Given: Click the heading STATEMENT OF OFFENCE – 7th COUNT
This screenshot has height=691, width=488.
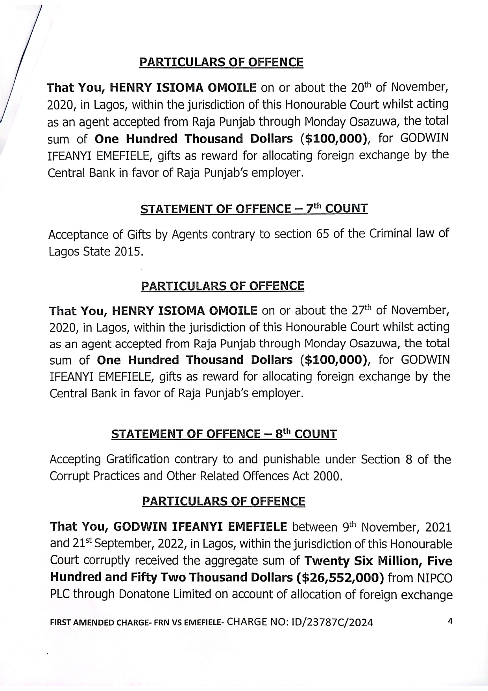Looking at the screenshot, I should (x=254, y=209).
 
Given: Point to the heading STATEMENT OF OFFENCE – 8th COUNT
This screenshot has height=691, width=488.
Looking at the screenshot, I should (x=224, y=434).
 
